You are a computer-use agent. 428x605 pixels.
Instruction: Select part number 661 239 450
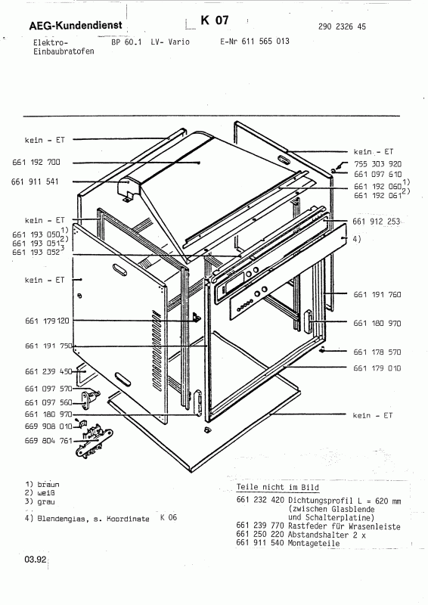click(x=48, y=371)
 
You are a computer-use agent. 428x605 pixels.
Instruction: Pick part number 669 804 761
click(x=48, y=440)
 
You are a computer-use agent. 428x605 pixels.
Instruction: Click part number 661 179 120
click(x=48, y=321)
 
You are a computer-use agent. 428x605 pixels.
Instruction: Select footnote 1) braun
click(x=42, y=482)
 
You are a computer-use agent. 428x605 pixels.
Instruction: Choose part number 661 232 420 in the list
click(x=260, y=500)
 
